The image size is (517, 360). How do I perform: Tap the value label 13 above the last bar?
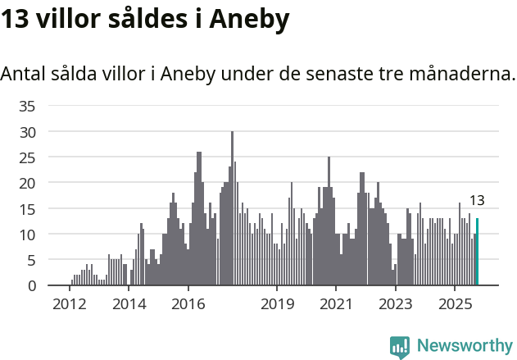click(x=477, y=200)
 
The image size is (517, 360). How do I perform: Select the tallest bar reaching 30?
click(x=232, y=208)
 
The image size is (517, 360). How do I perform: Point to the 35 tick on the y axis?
click(x=28, y=106)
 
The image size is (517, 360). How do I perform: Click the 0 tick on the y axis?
click(x=32, y=285)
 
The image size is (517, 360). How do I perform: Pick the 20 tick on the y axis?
click(x=28, y=183)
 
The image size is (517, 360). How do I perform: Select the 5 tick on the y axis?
click(x=32, y=260)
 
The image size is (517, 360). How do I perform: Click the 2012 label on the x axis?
click(x=70, y=303)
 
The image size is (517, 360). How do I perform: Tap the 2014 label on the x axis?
click(x=129, y=303)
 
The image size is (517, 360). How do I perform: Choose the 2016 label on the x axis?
click(x=188, y=303)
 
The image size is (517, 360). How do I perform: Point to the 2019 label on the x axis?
click(x=277, y=303)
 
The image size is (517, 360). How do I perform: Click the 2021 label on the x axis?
click(x=336, y=303)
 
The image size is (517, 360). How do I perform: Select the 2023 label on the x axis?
click(x=396, y=303)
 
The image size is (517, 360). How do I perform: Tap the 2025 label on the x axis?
click(x=455, y=303)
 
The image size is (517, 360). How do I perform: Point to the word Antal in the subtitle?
click(x=23, y=74)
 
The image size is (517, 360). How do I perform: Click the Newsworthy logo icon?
click(x=400, y=347)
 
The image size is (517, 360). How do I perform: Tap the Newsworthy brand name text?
click(x=464, y=346)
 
